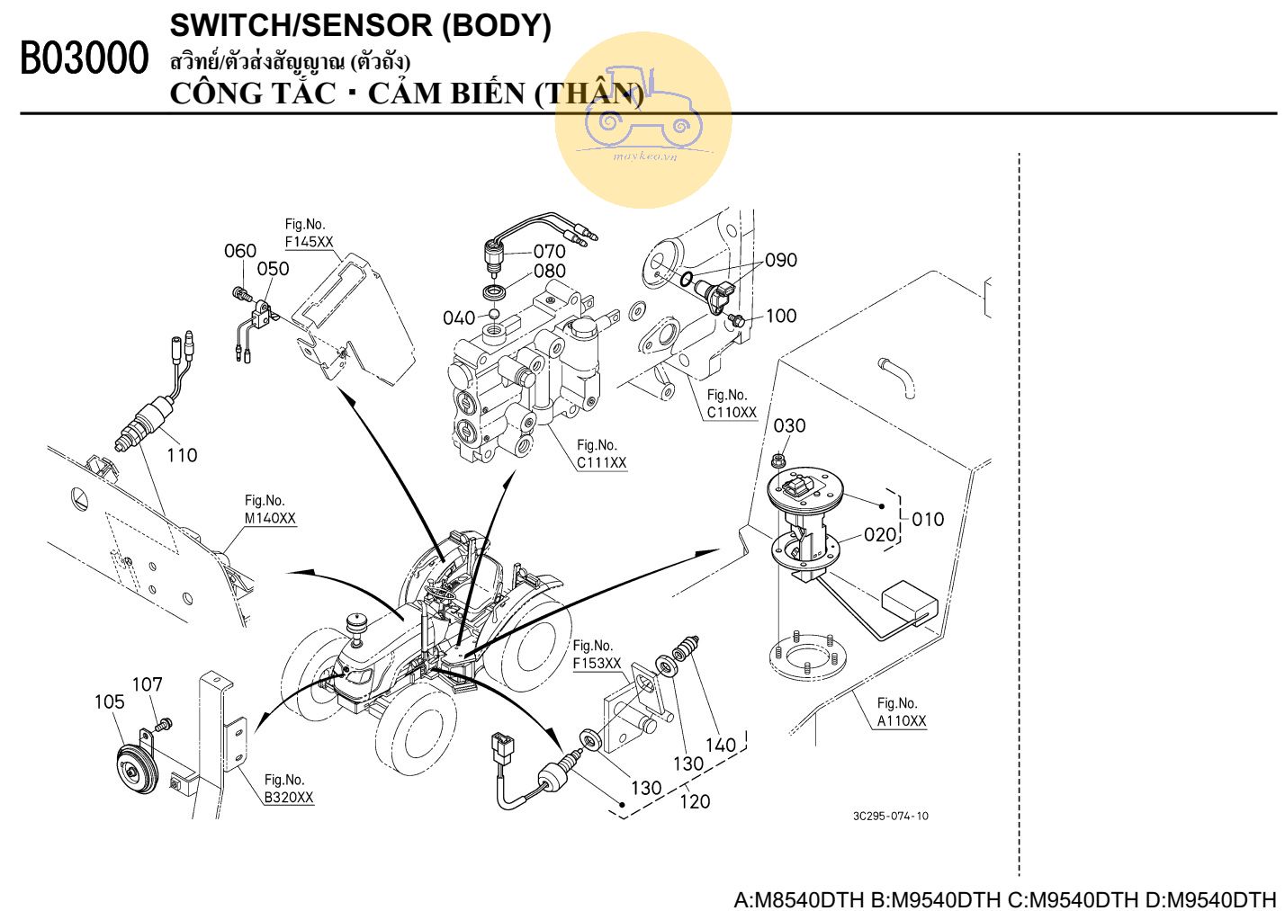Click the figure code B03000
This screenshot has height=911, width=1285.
click(x=84, y=59)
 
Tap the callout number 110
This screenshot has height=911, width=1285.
click(x=182, y=455)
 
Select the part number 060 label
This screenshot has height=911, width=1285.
click(x=240, y=251)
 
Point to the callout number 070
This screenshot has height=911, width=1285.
click(x=549, y=251)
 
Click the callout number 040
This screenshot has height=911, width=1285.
click(x=458, y=317)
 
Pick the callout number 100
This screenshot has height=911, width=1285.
click(x=781, y=316)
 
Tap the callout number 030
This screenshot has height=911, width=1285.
click(x=789, y=425)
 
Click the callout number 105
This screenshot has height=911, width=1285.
click(x=110, y=701)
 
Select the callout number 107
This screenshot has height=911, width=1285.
click(x=148, y=684)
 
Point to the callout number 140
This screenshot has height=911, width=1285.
click(x=720, y=745)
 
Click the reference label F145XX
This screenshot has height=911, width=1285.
click(x=309, y=242)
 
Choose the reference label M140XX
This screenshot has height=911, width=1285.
click(x=270, y=518)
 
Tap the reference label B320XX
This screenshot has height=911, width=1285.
click(x=289, y=798)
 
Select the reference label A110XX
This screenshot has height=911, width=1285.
click(x=902, y=720)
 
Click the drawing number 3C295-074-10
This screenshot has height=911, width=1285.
click(x=890, y=816)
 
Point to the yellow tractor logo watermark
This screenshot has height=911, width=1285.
click(x=642, y=120)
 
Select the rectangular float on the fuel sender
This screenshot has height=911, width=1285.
click(x=909, y=601)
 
